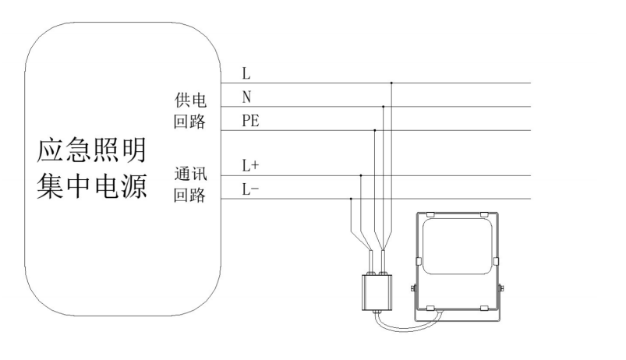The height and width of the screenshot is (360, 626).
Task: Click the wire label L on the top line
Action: pos(246,74)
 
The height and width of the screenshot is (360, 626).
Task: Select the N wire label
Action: pos(247,97)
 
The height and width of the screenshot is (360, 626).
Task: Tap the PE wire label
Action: pos(250,121)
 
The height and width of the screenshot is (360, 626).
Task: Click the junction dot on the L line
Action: pos(391,83)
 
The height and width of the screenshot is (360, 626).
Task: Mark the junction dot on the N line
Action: pos(383,106)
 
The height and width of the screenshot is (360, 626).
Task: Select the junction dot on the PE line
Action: pos(375,130)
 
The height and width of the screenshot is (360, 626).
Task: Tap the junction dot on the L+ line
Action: pos(360,175)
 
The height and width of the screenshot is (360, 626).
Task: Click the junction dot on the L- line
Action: pos(352,199)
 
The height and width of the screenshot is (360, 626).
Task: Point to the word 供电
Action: pos(190,101)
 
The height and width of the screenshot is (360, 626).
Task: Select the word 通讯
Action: pos(190,174)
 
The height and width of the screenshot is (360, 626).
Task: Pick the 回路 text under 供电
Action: pos(190,123)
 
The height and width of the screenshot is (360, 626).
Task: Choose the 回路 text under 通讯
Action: pos(190,196)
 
